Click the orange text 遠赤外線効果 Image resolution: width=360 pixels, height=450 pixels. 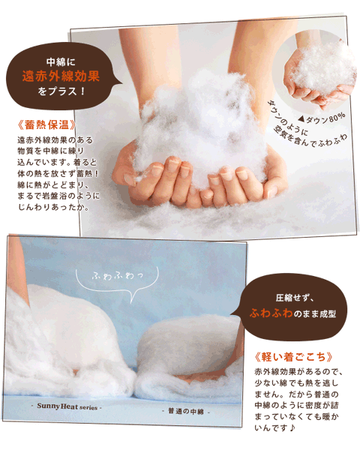coord(61,76)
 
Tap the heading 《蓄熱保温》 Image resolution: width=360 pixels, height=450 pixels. coord(47,124)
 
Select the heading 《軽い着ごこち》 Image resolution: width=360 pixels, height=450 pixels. coord(294,357)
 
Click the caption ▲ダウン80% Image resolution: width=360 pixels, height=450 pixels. coord(322,118)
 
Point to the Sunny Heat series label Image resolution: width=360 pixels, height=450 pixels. coord(67,406)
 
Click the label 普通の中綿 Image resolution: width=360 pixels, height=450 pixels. coord(186,411)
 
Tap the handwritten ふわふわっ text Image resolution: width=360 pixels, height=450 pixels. coord(117,276)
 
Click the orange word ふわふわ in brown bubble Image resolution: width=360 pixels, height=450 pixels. coord(271,313)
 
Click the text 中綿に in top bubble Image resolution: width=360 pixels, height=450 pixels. coord(61,61)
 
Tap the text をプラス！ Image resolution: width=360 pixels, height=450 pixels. coord(61,91)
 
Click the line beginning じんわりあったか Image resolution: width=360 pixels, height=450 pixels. coord(54,207)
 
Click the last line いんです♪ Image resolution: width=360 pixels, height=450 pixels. coord(274,428)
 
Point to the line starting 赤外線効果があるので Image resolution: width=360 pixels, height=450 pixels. coord(298,372)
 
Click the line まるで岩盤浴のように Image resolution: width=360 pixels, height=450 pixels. coord(58,196)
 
